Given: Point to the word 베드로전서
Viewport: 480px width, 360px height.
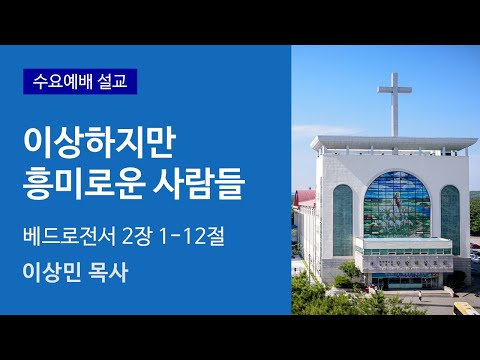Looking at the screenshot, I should (67, 239).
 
